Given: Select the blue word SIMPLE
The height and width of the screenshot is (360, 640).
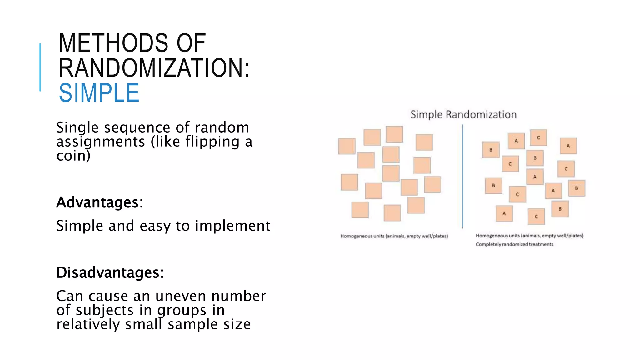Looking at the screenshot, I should pos(99,93).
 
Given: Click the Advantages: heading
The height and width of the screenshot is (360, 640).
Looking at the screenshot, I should pos(100,202).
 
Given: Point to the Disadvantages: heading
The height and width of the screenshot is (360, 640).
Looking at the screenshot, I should pos(110,272).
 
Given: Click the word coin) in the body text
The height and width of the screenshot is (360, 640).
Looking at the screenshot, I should pos(73,156).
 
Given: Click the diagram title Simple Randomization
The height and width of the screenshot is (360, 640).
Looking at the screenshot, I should pos(463,114).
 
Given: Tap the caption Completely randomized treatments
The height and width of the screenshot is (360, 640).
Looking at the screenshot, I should pos(514,244).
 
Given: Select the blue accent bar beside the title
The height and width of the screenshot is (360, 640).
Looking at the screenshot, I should pos(40,67).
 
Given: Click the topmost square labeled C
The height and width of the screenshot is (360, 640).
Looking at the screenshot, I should pos(538,138).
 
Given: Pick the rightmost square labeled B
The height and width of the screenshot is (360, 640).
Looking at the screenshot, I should pos(577,188).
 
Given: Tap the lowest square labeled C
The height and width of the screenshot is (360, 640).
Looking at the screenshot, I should pos(536,217).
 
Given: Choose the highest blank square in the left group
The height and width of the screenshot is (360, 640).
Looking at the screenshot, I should pos(394,134).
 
